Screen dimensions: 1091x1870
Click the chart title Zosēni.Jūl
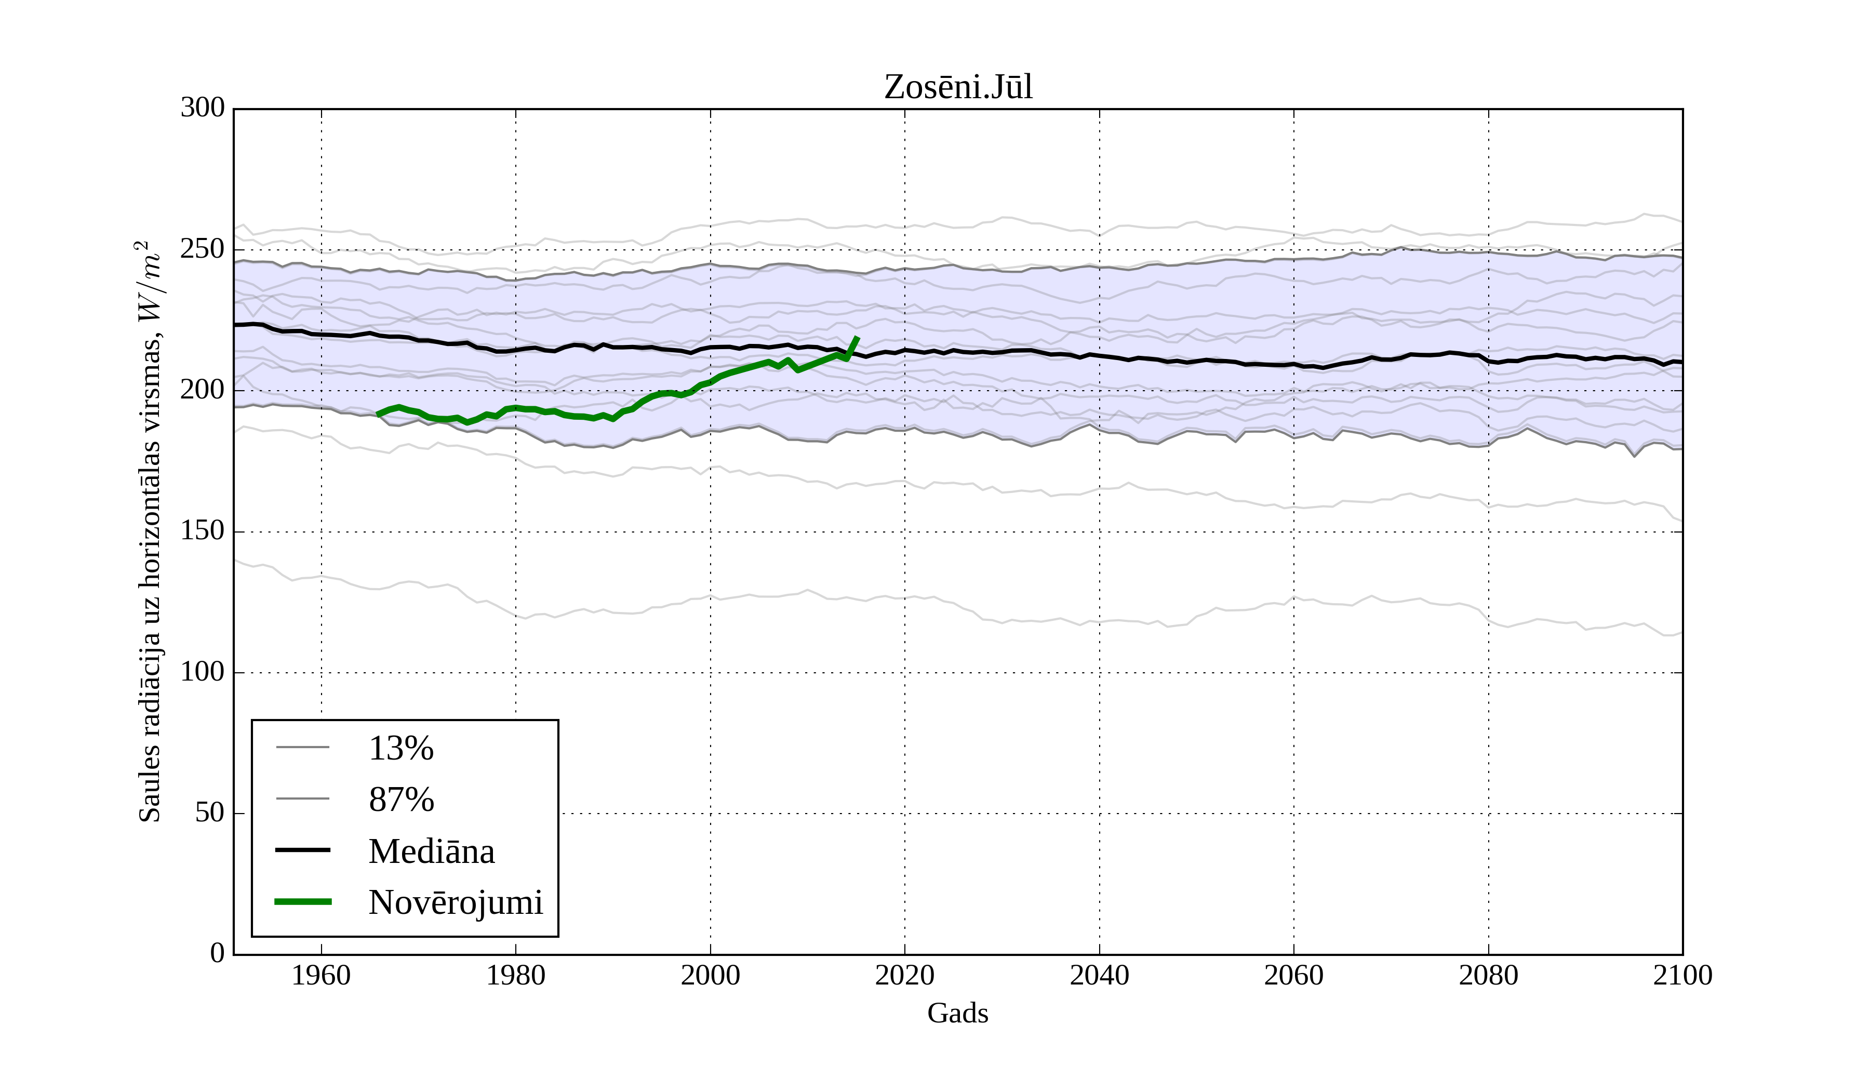pyautogui.click(x=958, y=88)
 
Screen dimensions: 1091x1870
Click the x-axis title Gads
pyautogui.click(x=958, y=1014)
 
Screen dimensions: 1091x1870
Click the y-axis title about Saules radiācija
pyautogui.click(x=150, y=531)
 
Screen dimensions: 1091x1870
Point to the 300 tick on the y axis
pyautogui.click(x=203, y=109)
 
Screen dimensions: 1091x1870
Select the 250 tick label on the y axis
pyautogui.click(x=203, y=249)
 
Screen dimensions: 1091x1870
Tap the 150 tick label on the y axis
pyautogui.click(x=203, y=531)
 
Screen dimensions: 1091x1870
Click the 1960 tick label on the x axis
pyautogui.click(x=322, y=975)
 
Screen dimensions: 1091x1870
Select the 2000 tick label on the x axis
pyautogui.click(x=710, y=975)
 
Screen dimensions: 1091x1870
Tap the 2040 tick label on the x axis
pyautogui.click(x=1099, y=975)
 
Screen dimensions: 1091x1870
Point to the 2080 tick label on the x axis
pyautogui.click(x=1488, y=975)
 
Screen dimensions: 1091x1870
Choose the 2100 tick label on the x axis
pyautogui.click(x=1682, y=975)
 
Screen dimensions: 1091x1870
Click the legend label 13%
pyautogui.click(x=400, y=748)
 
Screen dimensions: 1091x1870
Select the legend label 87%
pyautogui.click(x=400, y=800)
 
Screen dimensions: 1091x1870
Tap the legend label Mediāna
pyautogui.click(x=431, y=851)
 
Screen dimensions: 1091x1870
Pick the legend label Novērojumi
pyautogui.click(x=456, y=902)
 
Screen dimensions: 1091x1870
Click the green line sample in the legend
pyautogui.click(x=303, y=902)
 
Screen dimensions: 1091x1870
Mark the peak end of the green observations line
pyautogui.click(x=858, y=338)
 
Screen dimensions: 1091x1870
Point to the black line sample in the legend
pyautogui.click(x=303, y=850)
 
